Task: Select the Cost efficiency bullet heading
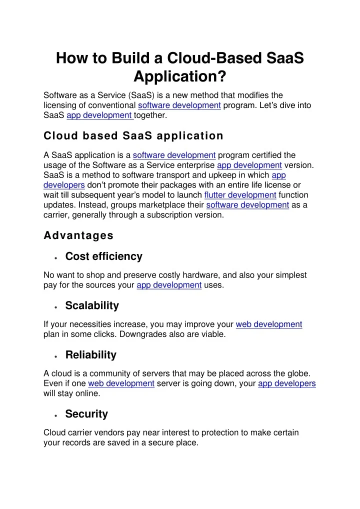point(103,256)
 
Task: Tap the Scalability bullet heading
point(92,305)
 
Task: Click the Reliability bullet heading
point(90,355)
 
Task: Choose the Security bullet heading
point(86,414)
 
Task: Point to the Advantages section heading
point(78,235)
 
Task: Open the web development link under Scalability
point(268,324)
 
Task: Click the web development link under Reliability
point(121,383)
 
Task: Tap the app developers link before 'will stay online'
point(286,383)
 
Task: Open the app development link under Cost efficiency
point(169,285)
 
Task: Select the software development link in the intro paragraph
point(179,105)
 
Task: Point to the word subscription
point(169,215)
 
